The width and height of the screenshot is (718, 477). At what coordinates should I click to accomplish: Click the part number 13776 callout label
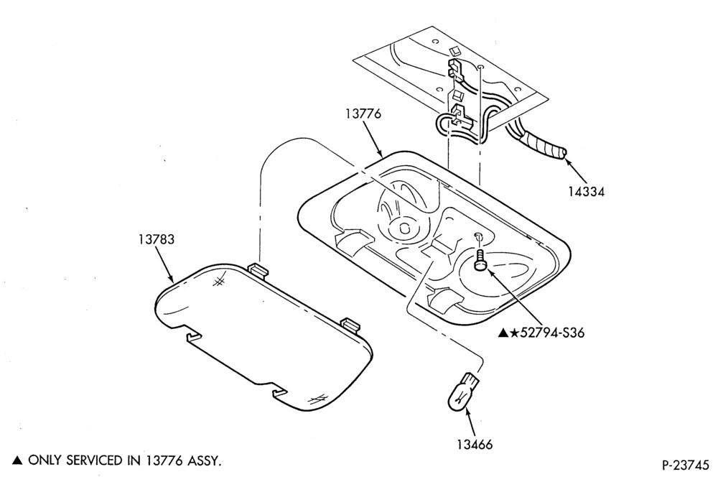click(363, 114)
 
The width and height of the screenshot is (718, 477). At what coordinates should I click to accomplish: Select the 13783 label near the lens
click(157, 239)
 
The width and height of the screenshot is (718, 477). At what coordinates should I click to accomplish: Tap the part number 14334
click(587, 192)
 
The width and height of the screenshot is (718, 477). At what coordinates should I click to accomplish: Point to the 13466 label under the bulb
click(475, 444)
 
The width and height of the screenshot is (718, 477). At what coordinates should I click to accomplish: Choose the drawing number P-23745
click(685, 465)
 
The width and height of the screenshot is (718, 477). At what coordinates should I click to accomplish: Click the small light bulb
click(463, 392)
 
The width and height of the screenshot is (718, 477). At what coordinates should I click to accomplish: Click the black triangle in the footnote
click(17, 460)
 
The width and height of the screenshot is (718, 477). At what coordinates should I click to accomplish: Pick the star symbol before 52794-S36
click(514, 333)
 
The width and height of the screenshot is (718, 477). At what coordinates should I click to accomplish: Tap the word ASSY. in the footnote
click(205, 460)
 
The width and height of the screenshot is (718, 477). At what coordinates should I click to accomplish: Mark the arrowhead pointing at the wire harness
click(568, 162)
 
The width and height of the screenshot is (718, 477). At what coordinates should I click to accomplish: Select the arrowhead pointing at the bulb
click(467, 412)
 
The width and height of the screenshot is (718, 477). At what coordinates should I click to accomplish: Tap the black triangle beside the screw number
click(503, 333)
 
